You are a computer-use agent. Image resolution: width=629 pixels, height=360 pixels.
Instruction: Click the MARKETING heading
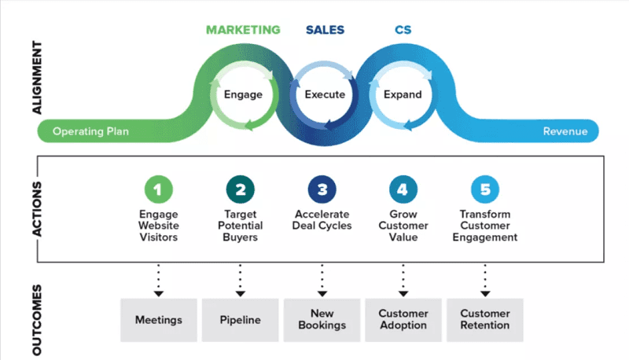(x=243, y=31)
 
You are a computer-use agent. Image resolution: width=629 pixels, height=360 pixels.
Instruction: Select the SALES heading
(x=325, y=31)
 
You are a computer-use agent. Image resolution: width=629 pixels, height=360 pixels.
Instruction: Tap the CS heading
(x=403, y=31)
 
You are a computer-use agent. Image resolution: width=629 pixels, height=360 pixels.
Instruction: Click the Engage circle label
(x=243, y=94)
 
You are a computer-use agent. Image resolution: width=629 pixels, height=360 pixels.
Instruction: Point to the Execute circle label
(x=325, y=94)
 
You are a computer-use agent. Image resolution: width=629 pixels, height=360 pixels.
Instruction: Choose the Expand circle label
(x=403, y=94)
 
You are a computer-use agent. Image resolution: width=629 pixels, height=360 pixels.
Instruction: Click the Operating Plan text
(x=90, y=131)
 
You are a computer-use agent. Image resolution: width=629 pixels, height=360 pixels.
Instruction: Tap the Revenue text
(x=565, y=131)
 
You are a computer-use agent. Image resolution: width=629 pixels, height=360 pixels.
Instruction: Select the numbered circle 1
(x=158, y=189)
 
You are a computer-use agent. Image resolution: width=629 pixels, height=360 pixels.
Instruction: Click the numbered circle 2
(x=240, y=189)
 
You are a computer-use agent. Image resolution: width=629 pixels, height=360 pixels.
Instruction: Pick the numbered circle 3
(x=322, y=189)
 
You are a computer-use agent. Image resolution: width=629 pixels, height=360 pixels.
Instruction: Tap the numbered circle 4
(x=403, y=189)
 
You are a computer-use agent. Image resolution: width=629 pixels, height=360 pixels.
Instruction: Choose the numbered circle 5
(x=485, y=189)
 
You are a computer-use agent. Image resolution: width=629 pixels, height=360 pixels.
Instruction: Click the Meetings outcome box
(x=158, y=319)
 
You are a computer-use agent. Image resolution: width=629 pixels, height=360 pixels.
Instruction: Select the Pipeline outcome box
(x=240, y=319)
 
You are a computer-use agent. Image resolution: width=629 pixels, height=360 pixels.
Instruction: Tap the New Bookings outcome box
(x=322, y=319)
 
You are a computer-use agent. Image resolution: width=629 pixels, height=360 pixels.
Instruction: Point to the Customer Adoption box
(x=403, y=319)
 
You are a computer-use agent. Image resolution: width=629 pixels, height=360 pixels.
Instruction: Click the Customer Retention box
(x=485, y=319)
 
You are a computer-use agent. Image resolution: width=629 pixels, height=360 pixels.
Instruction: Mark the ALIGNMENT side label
(x=37, y=79)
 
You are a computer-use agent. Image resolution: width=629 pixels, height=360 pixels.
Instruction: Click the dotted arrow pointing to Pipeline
(x=240, y=280)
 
